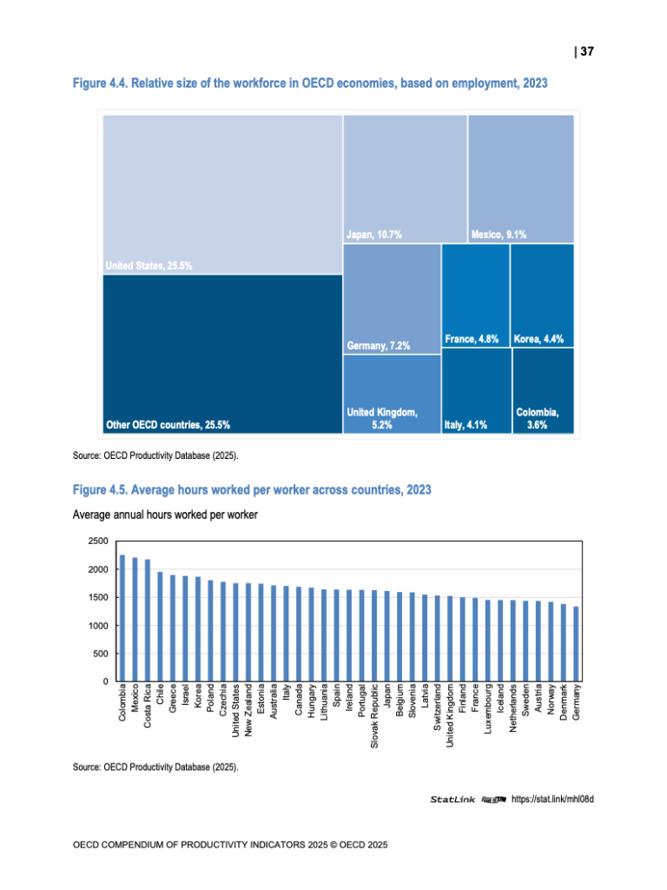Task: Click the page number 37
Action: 586,52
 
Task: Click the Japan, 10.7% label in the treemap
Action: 374,234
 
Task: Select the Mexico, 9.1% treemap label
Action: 499,234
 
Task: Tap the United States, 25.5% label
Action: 149,266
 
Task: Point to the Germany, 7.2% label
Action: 378,346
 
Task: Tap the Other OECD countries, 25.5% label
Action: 168,425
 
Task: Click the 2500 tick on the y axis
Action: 97,541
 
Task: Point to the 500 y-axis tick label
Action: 101,654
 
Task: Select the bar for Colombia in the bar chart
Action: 122,618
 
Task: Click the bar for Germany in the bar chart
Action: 576,644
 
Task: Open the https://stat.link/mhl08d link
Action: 551,799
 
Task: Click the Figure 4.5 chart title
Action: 252,491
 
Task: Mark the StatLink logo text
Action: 452,799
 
